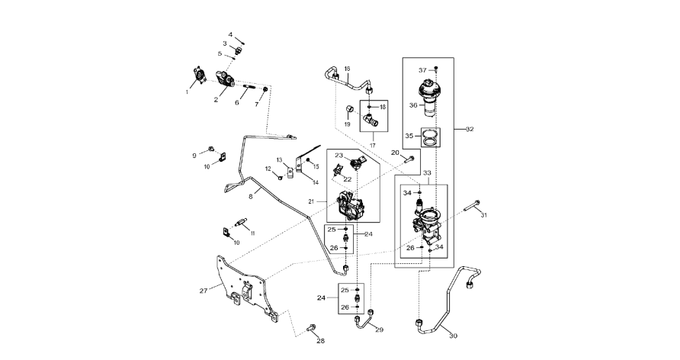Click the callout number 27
[x=203, y=291]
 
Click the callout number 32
[x=470, y=129]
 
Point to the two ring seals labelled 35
[x=431, y=137]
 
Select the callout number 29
[x=380, y=329]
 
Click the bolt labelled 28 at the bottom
[x=313, y=329]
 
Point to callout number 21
[x=311, y=201]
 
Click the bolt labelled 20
[x=410, y=159]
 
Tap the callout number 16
[x=347, y=69]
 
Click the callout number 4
[x=230, y=34]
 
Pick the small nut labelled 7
[x=265, y=91]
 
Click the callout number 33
[x=427, y=174]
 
